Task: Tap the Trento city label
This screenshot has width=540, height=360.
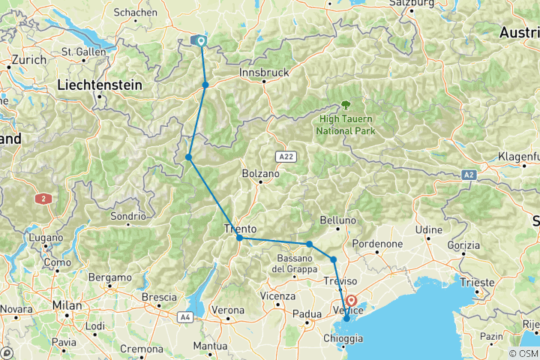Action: coord(241,229)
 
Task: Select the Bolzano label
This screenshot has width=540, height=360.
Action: coord(260,173)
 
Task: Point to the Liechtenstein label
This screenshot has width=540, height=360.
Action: coord(100,85)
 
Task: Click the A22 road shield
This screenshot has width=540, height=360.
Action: coord(283,157)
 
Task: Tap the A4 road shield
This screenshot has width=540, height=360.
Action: coord(185,318)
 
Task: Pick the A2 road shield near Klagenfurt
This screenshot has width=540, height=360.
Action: coord(469,174)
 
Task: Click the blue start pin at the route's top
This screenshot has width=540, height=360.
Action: coord(201,41)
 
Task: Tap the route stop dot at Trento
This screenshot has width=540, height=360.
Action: coord(239,238)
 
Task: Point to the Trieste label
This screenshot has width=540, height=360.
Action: coord(478,282)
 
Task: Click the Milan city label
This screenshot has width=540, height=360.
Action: coord(67,305)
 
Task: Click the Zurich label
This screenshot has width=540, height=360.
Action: coord(28,58)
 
